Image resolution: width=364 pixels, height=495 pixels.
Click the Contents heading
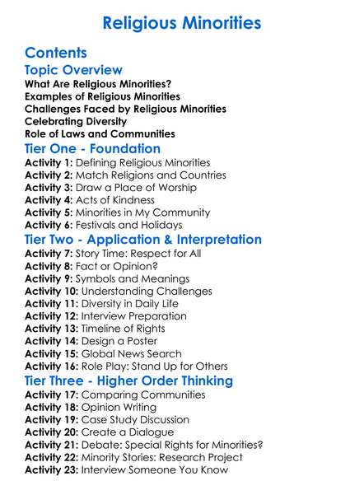(56, 53)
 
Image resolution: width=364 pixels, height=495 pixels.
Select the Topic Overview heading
(73, 71)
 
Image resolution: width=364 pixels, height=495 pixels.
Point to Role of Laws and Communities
(100, 133)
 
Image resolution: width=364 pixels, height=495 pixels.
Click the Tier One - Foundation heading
(92, 149)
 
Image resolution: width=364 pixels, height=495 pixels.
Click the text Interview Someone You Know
(172, 470)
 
